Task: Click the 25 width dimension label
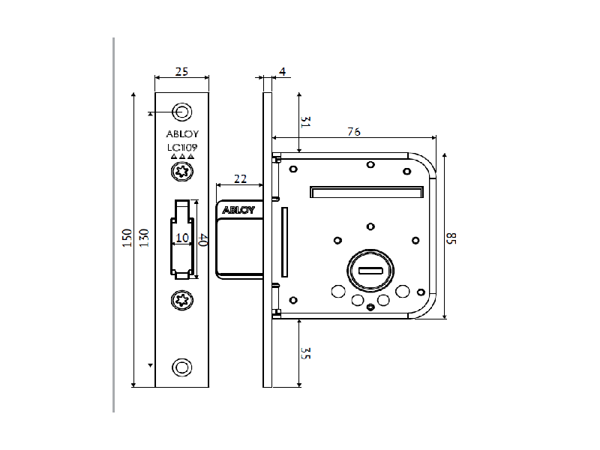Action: click(181, 72)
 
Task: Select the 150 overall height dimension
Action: click(127, 238)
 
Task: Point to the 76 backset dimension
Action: click(354, 132)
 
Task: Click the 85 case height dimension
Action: click(451, 238)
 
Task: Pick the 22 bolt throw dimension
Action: click(240, 178)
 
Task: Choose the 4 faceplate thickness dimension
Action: click(282, 72)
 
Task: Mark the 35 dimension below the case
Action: click(305, 353)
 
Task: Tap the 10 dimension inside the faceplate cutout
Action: click(181, 238)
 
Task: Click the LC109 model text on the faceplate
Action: click(181, 148)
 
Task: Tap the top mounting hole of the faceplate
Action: click(181, 112)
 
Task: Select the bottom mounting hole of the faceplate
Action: click(181, 367)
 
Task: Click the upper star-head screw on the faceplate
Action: click(181, 173)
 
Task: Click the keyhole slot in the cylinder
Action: click(370, 270)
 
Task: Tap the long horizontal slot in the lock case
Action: click(364, 193)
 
